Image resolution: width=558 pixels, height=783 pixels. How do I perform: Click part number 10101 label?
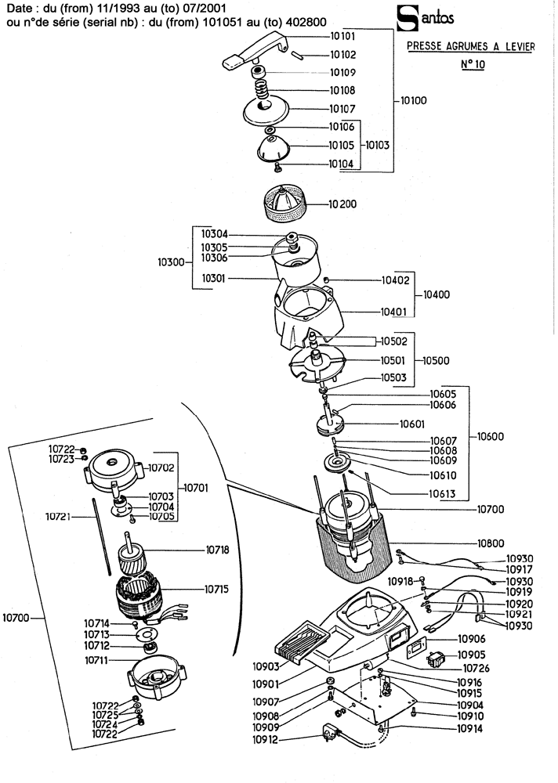point(343,37)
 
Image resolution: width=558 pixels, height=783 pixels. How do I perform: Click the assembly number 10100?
point(415,102)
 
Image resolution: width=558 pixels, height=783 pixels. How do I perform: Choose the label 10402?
point(395,280)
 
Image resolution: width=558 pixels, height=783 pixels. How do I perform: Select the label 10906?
point(473,639)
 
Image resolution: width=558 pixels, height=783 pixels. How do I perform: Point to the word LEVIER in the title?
point(515,47)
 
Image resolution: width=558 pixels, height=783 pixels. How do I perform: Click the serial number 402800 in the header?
point(299,24)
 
